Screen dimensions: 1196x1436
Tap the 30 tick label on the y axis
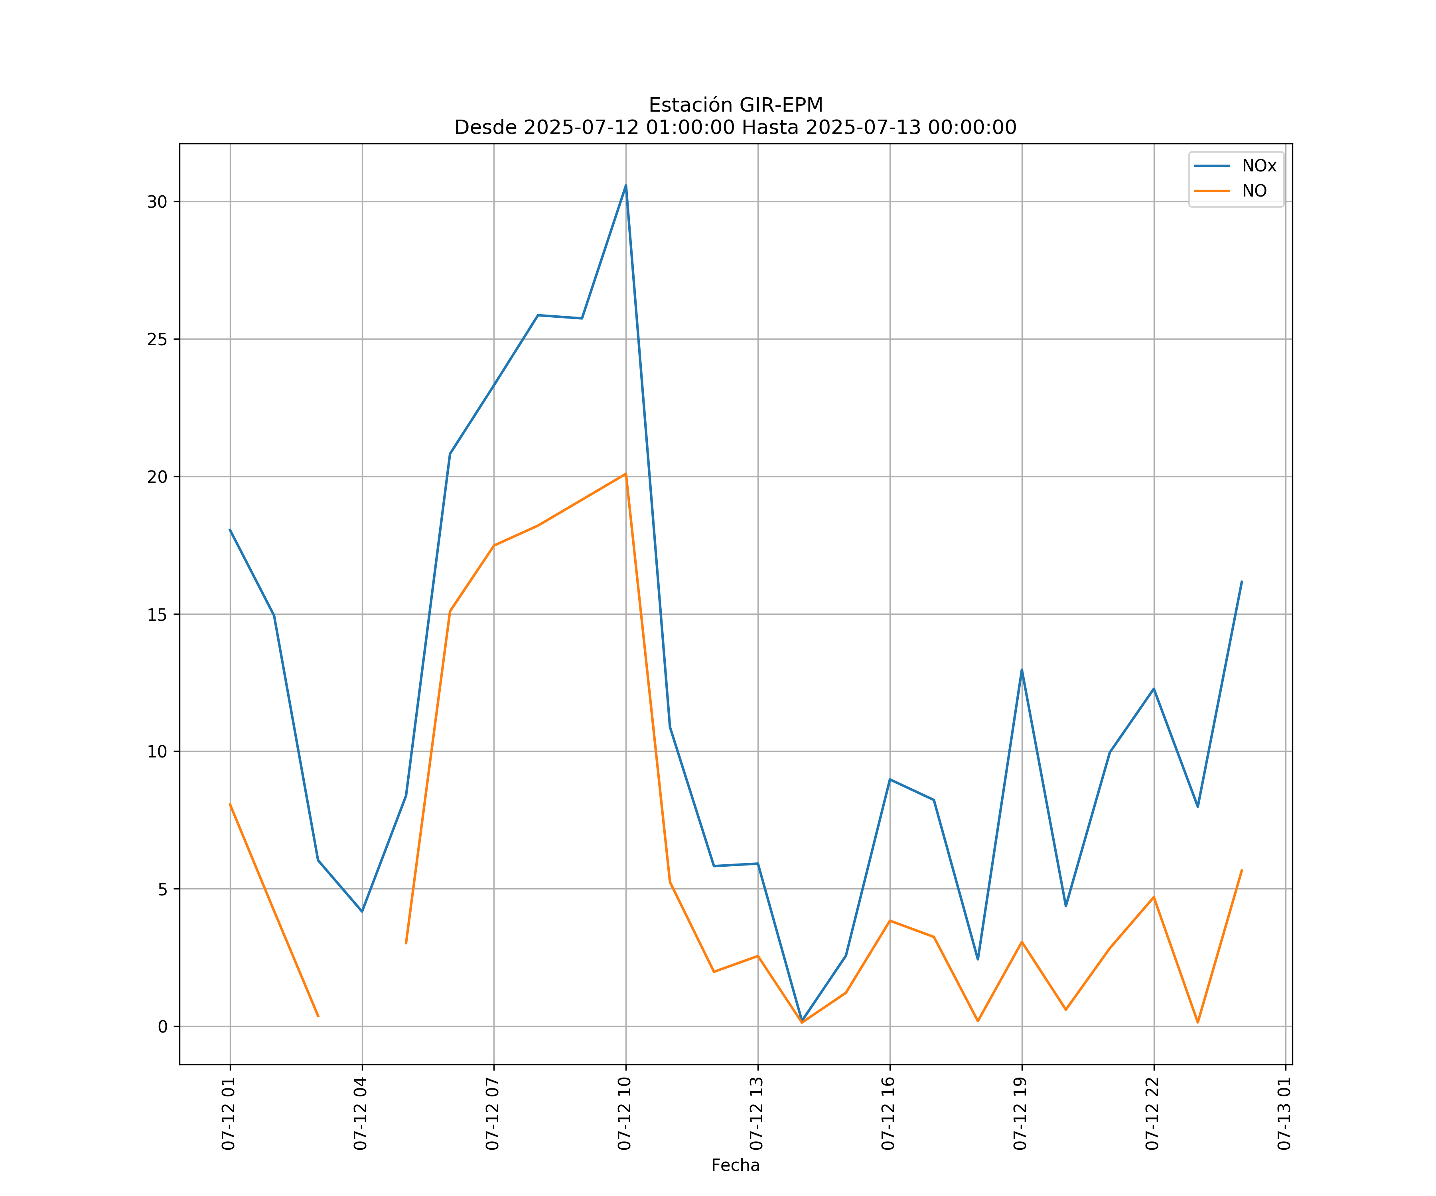[x=157, y=202]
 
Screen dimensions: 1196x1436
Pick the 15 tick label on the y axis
[x=157, y=614]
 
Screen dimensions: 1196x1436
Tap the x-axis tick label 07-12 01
[x=229, y=1113]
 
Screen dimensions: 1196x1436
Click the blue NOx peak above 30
[x=626, y=185]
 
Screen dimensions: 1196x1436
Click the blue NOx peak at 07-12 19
[x=1022, y=670]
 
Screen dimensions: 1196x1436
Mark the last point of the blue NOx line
[x=1242, y=582]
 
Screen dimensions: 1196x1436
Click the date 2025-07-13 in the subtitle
[x=862, y=128]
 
